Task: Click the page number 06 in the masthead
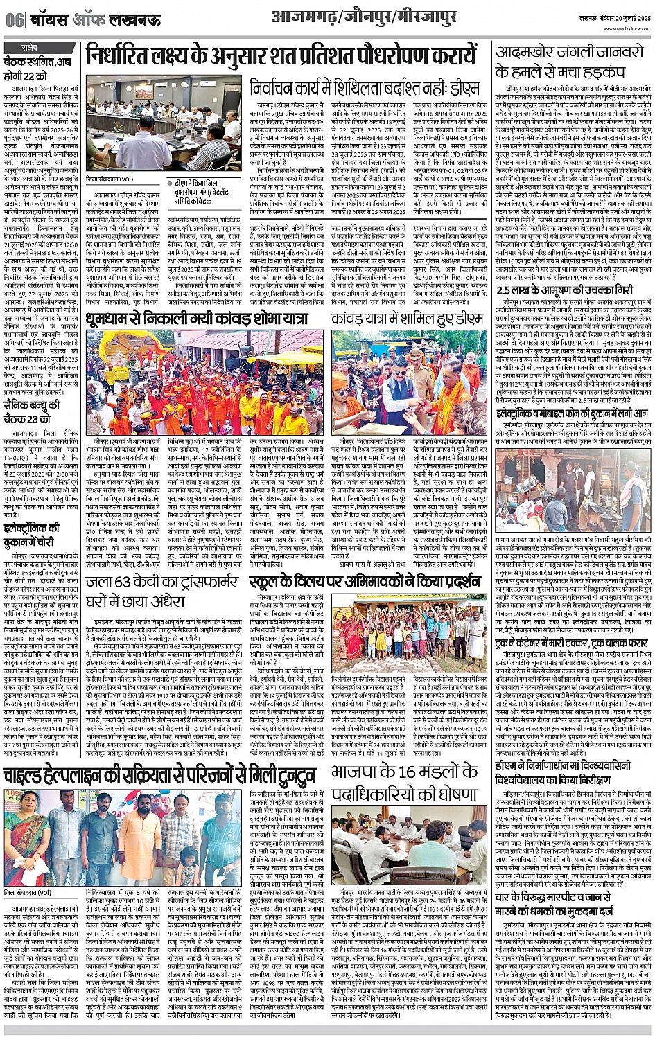click(15, 19)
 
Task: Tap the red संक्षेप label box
click(30, 48)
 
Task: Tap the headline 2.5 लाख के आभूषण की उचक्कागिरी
click(570, 292)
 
